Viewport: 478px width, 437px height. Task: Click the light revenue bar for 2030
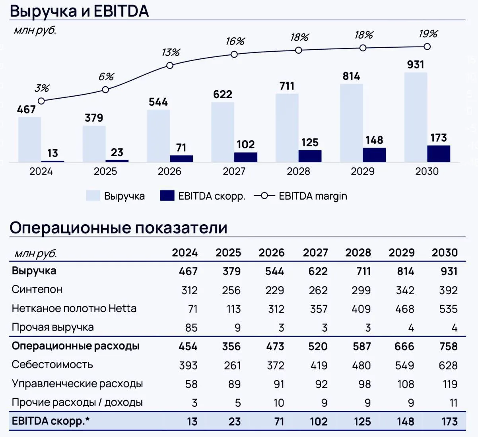click(x=416, y=117)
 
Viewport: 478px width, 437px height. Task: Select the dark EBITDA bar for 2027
click(x=246, y=157)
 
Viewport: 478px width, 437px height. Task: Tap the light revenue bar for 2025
click(x=94, y=144)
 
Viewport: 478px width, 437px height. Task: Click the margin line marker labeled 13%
click(x=170, y=65)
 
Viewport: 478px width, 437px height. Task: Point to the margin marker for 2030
click(x=427, y=47)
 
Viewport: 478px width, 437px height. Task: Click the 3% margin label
click(x=42, y=88)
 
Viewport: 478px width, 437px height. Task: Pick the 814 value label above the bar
click(x=351, y=76)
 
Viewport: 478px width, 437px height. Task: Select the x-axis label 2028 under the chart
click(x=298, y=171)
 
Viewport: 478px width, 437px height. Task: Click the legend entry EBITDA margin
click(x=301, y=196)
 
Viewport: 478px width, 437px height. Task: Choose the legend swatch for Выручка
click(x=93, y=196)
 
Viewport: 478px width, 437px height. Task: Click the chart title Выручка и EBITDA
click(x=80, y=11)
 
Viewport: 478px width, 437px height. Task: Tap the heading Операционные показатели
click(x=119, y=228)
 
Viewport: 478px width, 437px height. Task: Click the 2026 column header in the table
click(x=271, y=252)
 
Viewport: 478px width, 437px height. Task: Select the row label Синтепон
click(x=37, y=289)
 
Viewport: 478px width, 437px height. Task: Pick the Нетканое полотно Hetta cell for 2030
click(x=449, y=309)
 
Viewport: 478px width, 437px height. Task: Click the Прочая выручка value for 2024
click(x=191, y=328)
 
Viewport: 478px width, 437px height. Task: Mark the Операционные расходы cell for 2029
click(x=404, y=346)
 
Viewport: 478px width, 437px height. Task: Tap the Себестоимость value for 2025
click(x=232, y=365)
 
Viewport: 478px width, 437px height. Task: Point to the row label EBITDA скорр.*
click(x=51, y=421)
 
